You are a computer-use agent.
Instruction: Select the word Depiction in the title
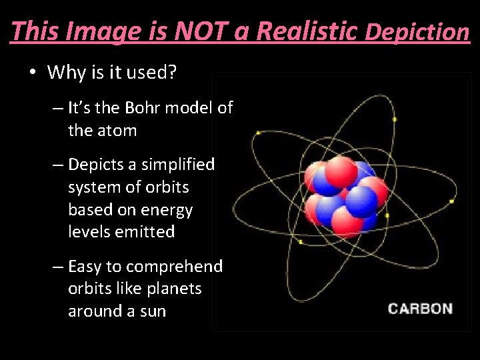pos(418,31)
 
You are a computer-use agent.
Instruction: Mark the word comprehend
pos(174,267)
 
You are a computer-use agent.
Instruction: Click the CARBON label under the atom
pos(420,309)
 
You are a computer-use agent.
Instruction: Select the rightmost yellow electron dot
pos(452,201)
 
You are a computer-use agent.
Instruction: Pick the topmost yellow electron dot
pos(395,119)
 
